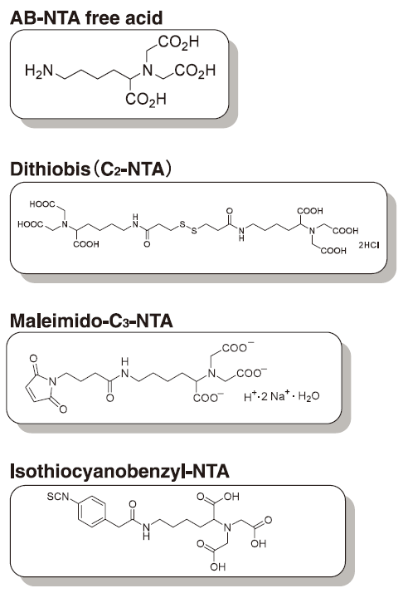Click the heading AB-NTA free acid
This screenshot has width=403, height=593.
(86, 17)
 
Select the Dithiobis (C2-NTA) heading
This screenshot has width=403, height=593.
(90, 169)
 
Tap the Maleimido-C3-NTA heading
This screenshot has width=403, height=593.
(91, 321)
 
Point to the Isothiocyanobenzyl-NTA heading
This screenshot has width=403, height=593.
(119, 471)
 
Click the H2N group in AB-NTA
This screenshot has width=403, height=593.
(39, 71)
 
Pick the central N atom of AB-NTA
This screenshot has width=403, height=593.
(148, 70)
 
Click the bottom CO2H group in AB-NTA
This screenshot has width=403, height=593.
(146, 100)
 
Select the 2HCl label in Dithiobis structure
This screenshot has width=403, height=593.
(369, 245)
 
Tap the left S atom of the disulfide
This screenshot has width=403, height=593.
(182, 224)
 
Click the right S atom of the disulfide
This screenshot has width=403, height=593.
(194, 230)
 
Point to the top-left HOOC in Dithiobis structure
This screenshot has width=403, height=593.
(42, 204)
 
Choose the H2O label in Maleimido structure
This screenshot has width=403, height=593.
(308, 396)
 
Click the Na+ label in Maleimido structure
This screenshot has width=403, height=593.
(279, 395)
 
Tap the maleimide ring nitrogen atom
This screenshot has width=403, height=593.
(52, 381)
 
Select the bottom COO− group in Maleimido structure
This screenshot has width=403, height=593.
(208, 398)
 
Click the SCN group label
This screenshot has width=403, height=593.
(58, 496)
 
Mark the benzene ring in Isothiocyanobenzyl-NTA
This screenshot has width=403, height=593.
(91, 512)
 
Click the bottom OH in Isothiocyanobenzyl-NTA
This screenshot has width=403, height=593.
(218, 566)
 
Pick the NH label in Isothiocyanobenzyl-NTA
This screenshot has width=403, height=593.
(146, 531)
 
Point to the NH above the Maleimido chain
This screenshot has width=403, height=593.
(125, 369)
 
